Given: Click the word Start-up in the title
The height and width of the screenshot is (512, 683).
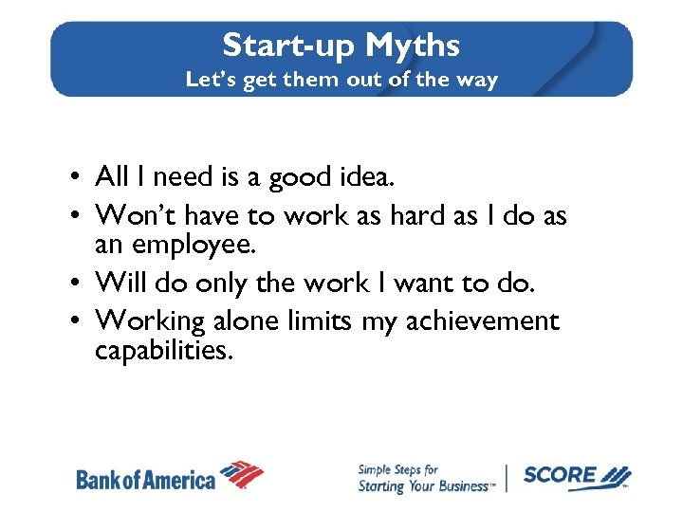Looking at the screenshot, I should coord(289,45).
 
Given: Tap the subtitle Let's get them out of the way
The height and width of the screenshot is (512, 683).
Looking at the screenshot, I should coord(341,80).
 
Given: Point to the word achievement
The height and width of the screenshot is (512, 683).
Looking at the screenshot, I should coord(483,321).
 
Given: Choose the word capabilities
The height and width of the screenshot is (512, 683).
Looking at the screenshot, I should coord(162,351).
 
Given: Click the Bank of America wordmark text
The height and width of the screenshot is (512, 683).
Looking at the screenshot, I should coord(146,479).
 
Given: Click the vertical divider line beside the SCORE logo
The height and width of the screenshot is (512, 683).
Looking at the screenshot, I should coord(507,478).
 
